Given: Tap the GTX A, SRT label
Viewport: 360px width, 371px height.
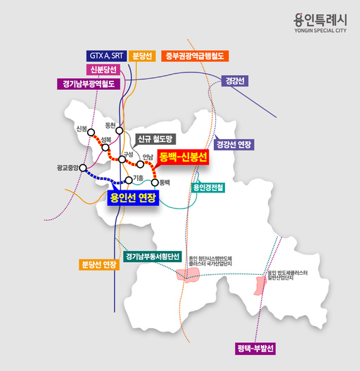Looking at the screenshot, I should click(x=107, y=55).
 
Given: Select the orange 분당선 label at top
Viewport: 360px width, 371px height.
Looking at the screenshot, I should click(x=143, y=55).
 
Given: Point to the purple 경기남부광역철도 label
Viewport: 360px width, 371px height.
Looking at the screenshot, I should click(x=89, y=84).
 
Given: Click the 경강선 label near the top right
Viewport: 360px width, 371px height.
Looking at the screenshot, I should click(x=234, y=81).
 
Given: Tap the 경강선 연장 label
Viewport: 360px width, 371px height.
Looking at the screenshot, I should click(x=235, y=144).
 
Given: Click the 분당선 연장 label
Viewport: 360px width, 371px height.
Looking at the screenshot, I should click(x=98, y=264).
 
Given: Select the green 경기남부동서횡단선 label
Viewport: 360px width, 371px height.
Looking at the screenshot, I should click(x=153, y=256).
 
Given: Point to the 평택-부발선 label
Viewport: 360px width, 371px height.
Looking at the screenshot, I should click(x=255, y=349).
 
